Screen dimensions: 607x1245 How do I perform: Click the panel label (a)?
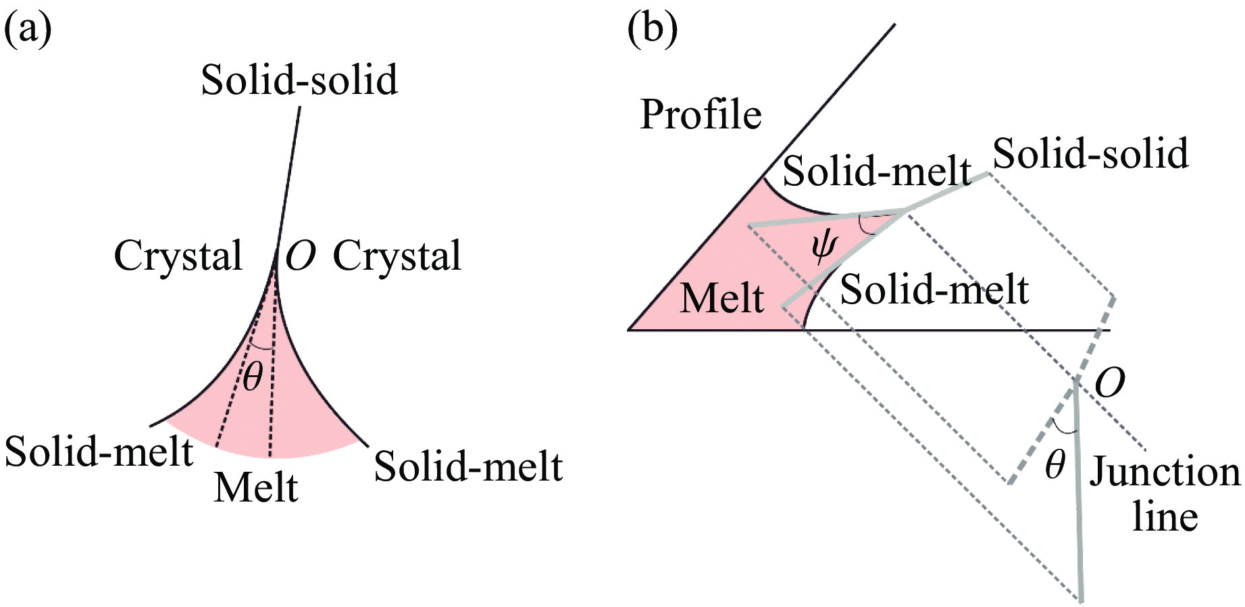coord(28,31)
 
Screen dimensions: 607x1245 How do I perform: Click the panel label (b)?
coord(652,31)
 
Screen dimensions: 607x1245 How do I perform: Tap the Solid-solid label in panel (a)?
coord(299,80)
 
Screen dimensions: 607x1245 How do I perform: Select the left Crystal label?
coord(178,256)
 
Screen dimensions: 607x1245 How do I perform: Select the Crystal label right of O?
coord(397,256)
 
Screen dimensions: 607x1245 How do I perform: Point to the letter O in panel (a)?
coord(301,256)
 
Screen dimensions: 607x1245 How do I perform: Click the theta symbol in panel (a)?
coord(253,376)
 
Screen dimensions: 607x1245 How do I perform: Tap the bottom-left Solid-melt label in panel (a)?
coord(99,452)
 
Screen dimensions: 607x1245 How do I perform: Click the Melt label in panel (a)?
coord(255,487)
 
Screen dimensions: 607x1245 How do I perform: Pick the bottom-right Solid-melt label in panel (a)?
coord(468,466)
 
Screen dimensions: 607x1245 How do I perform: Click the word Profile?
coord(701,115)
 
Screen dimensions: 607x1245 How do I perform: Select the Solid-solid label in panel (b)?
coord(1090,153)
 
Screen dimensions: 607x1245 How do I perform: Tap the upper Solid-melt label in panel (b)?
coord(876,170)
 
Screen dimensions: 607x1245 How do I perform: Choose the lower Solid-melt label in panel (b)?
coord(934,290)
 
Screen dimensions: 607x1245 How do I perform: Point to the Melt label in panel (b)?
coord(721,298)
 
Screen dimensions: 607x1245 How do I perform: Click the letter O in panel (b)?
coord(1109,383)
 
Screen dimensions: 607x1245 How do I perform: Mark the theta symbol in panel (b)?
coord(1055,465)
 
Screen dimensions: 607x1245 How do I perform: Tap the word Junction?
coord(1165,472)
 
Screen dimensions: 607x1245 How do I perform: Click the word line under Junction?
coord(1165,517)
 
